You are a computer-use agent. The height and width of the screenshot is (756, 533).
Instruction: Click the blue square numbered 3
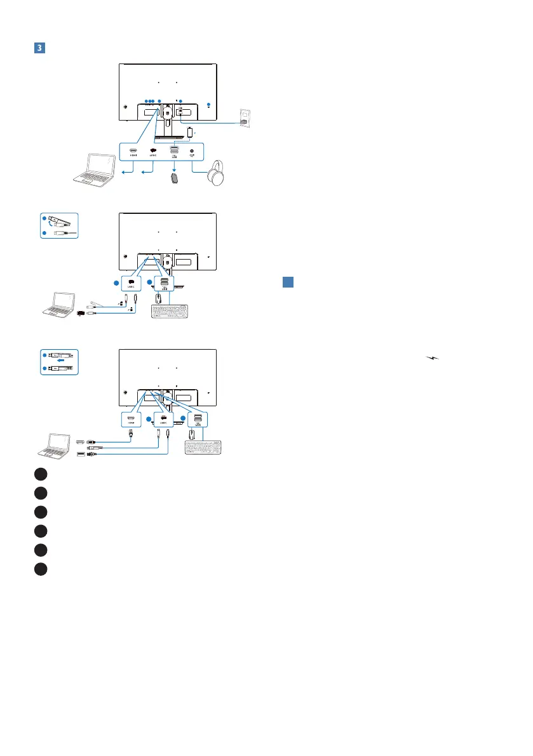pyautogui.click(x=38, y=48)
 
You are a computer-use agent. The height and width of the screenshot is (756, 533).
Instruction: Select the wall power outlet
pyautogui.click(x=245, y=118)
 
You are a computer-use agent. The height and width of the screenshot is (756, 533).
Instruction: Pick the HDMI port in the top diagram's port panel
pyautogui.click(x=133, y=152)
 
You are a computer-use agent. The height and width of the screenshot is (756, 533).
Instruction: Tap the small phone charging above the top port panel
pyautogui.click(x=191, y=132)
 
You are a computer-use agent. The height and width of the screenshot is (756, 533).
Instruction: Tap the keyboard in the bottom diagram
pyautogui.click(x=203, y=446)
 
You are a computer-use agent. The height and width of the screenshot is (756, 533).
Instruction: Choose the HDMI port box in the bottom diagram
pyautogui.click(x=130, y=419)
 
